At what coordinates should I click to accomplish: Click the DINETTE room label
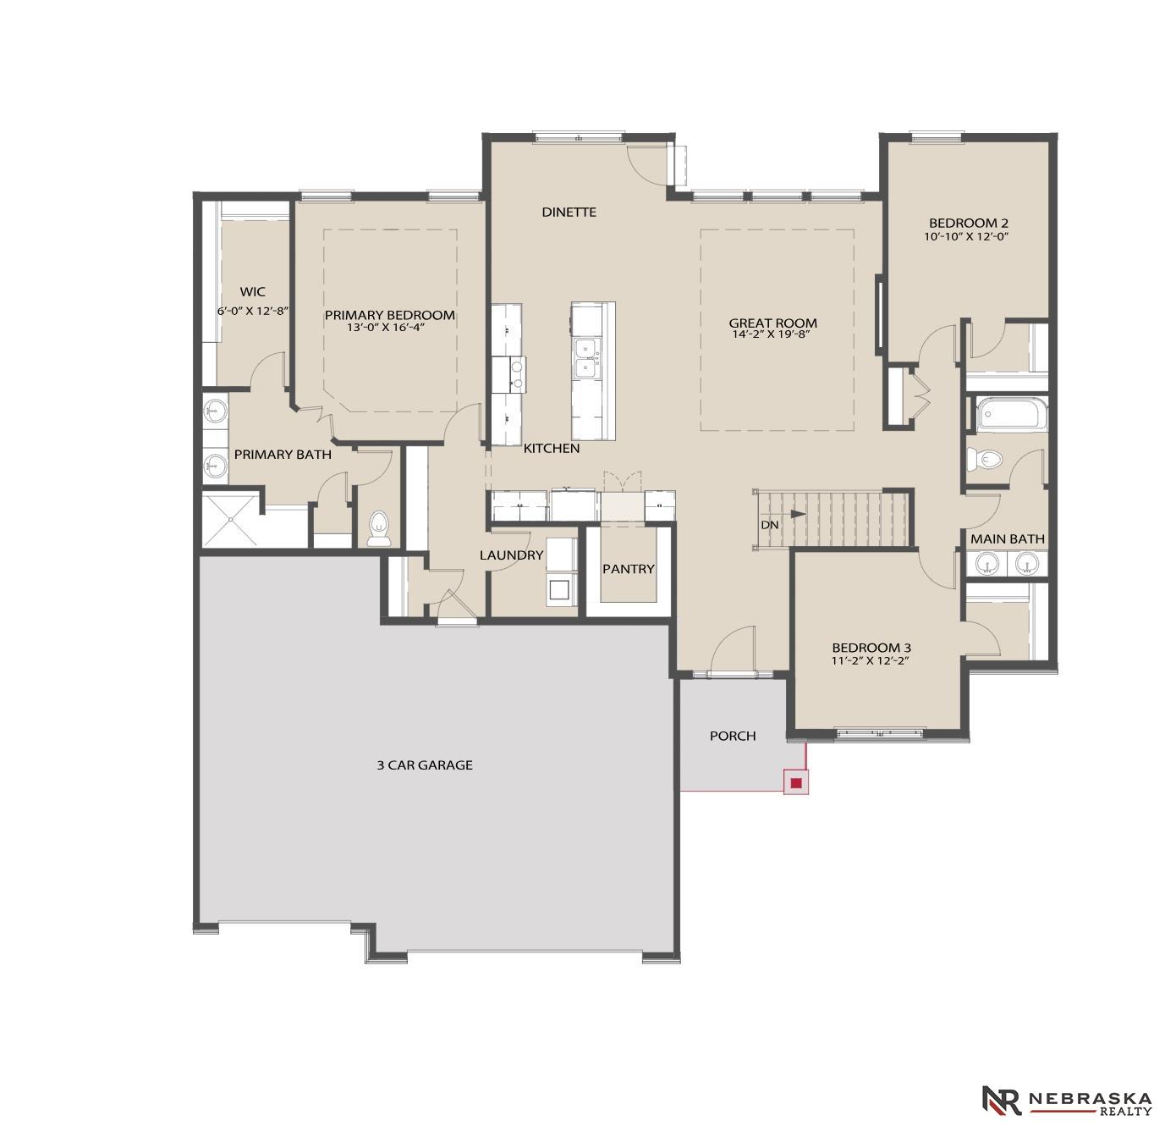(569, 212)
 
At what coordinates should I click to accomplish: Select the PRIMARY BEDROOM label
(389, 315)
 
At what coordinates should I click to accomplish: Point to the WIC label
(252, 292)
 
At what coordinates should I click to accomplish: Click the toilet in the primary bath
(377, 528)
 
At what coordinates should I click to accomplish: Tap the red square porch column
(796, 783)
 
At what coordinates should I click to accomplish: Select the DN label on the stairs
(769, 525)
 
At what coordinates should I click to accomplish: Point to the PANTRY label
(628, 569)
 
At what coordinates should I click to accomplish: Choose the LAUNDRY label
(511, 555)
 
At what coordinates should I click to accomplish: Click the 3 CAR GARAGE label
(425, 764)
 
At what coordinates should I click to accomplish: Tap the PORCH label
(732, 736)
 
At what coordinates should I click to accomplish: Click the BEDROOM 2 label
(968, 224)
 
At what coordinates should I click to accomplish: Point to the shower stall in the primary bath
(231, 519)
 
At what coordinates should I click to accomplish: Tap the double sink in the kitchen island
(585, 358)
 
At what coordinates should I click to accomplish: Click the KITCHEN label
(552, 448)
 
